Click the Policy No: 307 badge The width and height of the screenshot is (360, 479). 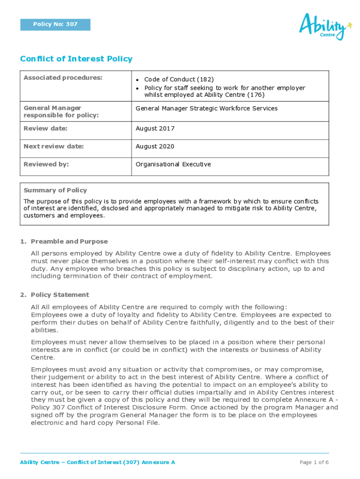pos(55,24)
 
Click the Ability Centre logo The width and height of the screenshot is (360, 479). pos(325,26)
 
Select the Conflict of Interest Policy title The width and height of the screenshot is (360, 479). pos(76,59)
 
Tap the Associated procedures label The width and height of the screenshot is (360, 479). pos(63,78)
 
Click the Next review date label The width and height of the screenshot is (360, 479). pos(54,146)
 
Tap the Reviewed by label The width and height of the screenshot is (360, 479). pos(46,164)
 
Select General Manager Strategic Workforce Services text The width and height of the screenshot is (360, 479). pos(206,109)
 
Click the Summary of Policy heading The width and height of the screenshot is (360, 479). pos(55,190)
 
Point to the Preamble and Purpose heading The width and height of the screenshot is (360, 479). pos(69,242)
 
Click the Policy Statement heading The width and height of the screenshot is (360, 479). pos(60,295)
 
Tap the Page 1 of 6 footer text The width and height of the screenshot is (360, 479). pos(314,463)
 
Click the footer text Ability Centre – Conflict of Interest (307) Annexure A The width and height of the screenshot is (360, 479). pos(97,463)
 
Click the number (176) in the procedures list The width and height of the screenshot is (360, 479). pos(256,95)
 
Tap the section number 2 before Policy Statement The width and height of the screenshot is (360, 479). pos(22,295)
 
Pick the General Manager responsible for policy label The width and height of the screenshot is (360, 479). pos(61,112)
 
